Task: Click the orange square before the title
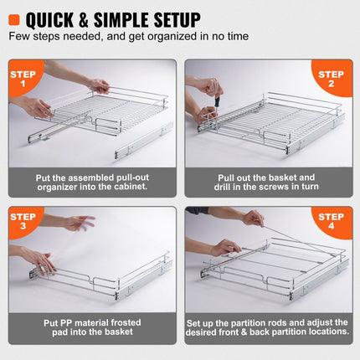tap(14, 19)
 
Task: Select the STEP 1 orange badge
tap(24, 78)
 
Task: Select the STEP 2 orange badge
tap(332, 78)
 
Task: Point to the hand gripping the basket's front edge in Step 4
tap(224, 248)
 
